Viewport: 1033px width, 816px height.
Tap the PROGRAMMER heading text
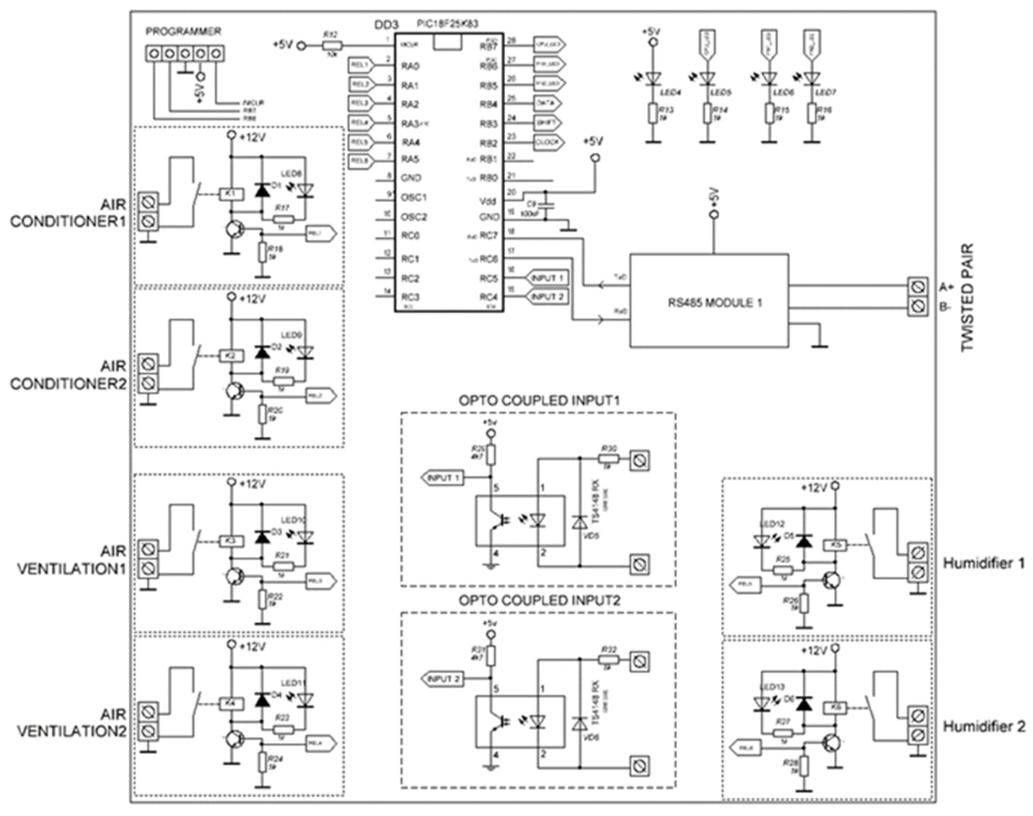pos(183,31)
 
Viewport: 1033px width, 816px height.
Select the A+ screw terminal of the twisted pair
pos(917,287)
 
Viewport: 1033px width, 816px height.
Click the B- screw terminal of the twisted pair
pos(917,306)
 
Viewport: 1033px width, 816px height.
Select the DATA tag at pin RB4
pos(546,103)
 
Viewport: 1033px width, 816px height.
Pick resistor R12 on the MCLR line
pos(331,45)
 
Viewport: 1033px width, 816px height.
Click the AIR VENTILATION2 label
pos(72,723)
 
